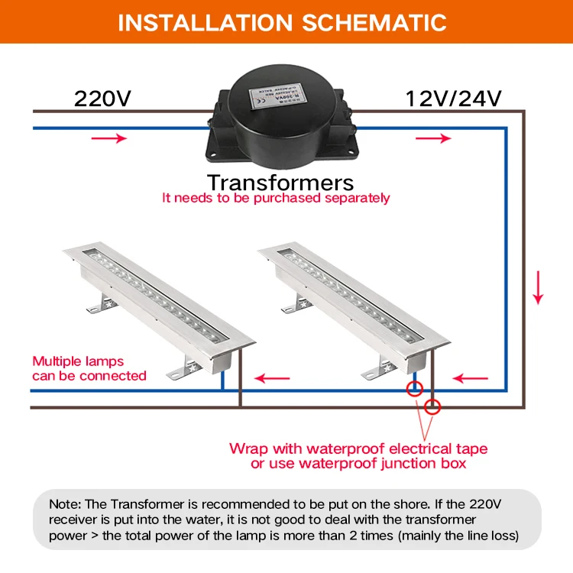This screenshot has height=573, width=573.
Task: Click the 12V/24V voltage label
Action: click(453, 99)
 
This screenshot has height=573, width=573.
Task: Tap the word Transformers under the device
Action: click(280, 183)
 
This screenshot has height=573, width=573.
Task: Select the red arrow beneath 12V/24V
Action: click(434, 138)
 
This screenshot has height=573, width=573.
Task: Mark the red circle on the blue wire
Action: click(414, 387)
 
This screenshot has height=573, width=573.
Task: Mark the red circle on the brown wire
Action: click(433, 406)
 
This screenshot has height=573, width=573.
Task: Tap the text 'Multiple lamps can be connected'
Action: click(89, 368)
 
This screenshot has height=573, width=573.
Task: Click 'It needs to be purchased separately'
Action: click(276, 198)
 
